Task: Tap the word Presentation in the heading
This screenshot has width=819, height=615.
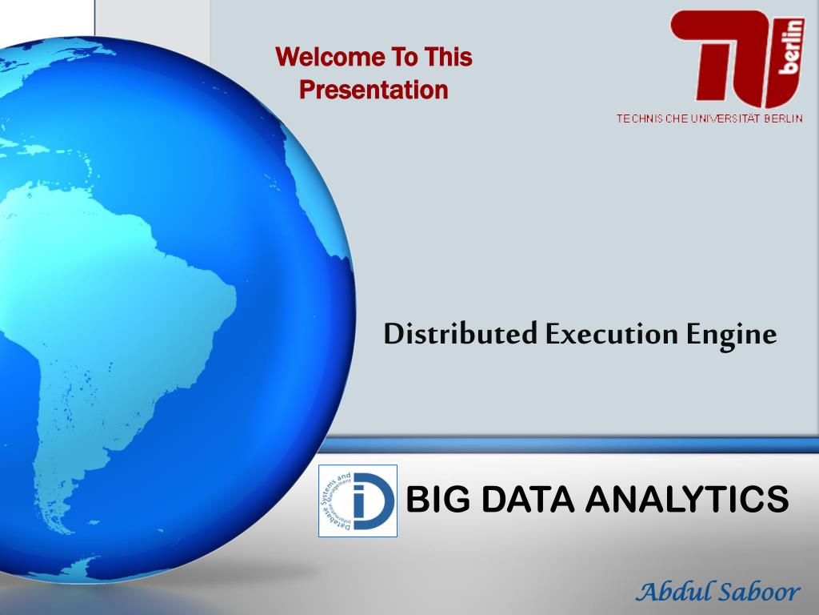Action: [374, 90]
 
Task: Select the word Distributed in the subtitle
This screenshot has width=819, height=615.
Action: [460, 334]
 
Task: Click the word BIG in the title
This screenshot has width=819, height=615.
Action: [431, 500]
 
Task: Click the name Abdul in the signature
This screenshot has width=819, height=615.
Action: [670, 592]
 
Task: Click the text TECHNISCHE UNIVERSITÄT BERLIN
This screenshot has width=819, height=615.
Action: [709, 119]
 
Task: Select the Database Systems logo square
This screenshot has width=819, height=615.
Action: [358, 500]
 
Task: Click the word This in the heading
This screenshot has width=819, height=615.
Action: [449, 58]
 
